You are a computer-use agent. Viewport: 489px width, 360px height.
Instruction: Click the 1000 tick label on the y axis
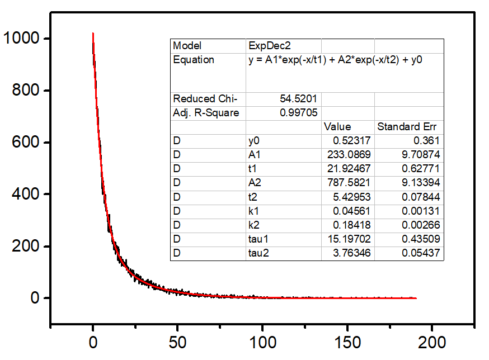click(21, 39)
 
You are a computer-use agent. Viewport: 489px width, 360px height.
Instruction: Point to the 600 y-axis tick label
click(27, 143)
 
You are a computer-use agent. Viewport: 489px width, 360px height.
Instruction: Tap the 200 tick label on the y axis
click(27, 247)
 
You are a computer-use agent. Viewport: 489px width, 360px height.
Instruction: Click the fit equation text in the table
click(335, 60)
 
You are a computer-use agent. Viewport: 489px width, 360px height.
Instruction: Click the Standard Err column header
click(408, 127)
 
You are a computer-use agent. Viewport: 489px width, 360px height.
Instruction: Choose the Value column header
click(337, 127)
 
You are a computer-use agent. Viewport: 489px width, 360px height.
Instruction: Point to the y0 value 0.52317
click(351, 141)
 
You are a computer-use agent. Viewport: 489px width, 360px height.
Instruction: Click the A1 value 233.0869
click(349, 155)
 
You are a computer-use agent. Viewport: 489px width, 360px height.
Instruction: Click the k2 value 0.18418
click(351, 225)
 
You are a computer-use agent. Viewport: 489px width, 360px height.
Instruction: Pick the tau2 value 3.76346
click(351, 253)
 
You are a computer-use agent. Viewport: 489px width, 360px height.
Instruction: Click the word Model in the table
click(187, 46)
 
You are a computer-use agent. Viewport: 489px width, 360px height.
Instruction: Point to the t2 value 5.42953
click(351, 197)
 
